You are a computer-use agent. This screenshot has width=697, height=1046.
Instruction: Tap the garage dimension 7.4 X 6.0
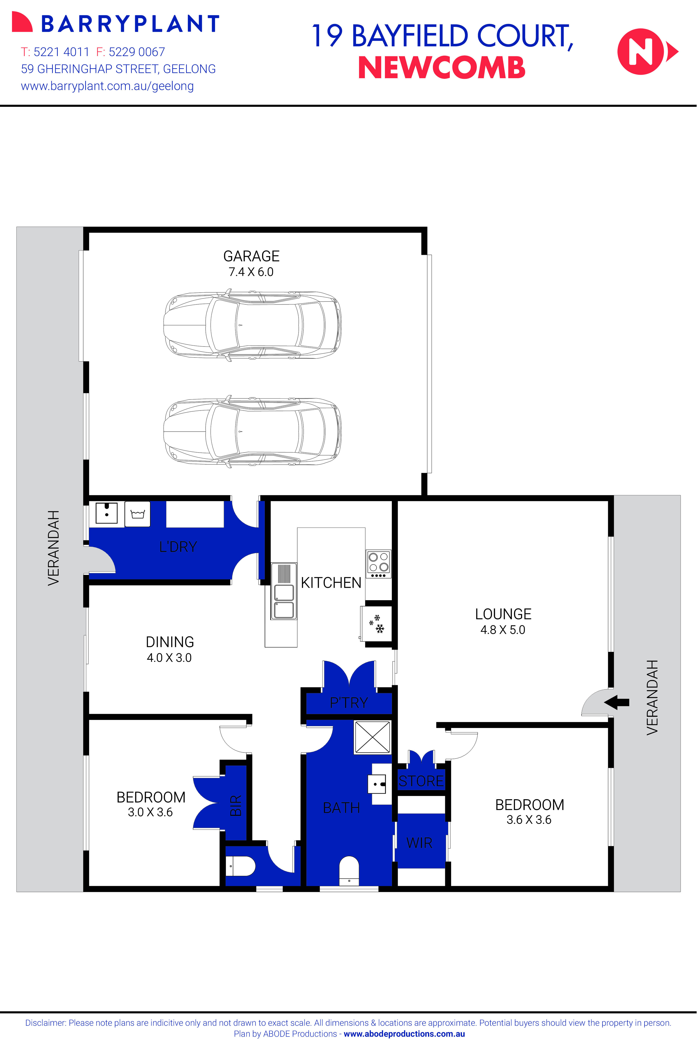click(x=251, y=272)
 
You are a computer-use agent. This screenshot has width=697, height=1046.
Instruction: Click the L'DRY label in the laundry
click(x=178, y=547)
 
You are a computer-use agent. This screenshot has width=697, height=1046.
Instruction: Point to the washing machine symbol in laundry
click(x=137, y=514)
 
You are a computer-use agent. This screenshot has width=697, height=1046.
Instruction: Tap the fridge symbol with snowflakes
click(x=377, y=624)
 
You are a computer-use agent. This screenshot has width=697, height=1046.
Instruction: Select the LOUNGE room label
click(x=503, y=614)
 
